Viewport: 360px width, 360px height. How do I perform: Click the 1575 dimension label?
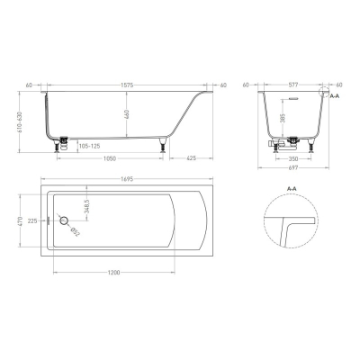tap(127, 85)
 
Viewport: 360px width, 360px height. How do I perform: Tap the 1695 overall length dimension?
tap(127, 179)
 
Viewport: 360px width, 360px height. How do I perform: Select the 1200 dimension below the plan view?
tap(113, 273)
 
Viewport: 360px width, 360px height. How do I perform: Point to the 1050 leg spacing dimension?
tap(110, 158)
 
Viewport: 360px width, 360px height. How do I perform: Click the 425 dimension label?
tap(191, 158)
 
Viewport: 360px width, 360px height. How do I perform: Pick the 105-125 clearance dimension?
tap(89, 147)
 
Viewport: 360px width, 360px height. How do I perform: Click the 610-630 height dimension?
tap(20, 121)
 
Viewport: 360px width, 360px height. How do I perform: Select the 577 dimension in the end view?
tap(292, 85)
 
